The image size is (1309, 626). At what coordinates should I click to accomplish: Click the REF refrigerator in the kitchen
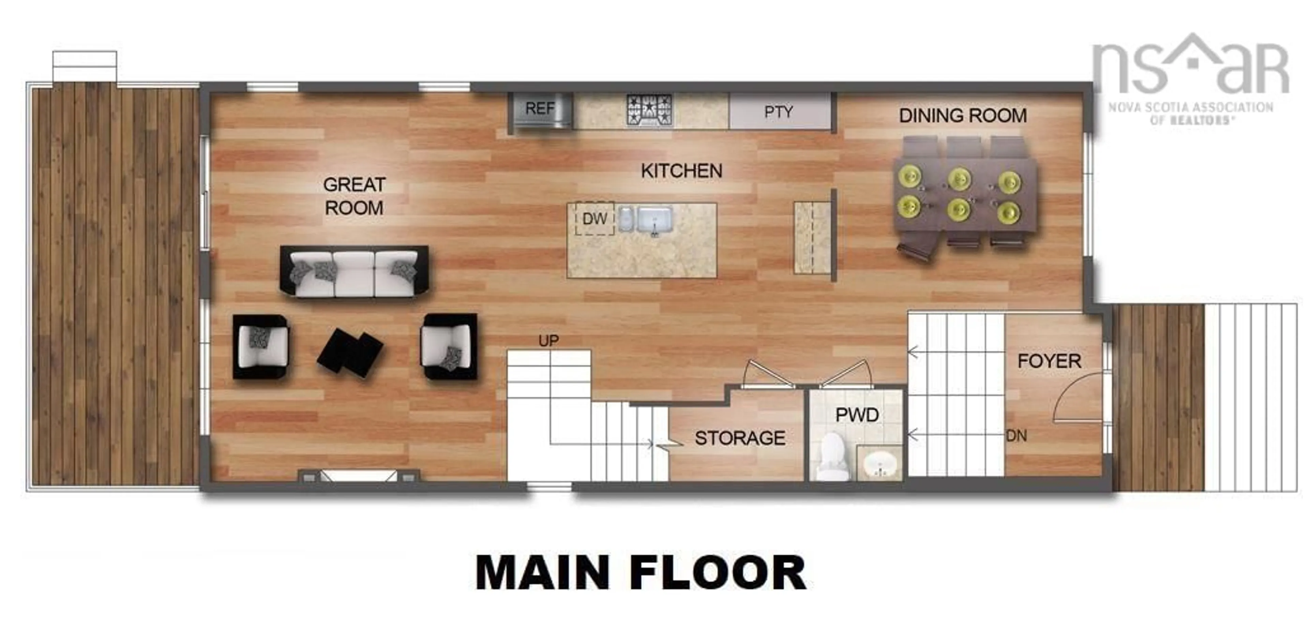541,110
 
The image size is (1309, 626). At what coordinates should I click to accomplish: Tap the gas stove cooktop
649,110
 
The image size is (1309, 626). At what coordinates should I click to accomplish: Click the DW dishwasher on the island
594,219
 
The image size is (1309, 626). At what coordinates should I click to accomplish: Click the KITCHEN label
681,171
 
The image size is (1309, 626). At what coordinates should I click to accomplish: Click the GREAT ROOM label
354,196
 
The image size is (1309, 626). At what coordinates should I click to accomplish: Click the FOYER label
1049,361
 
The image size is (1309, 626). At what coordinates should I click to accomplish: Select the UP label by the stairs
548,341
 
